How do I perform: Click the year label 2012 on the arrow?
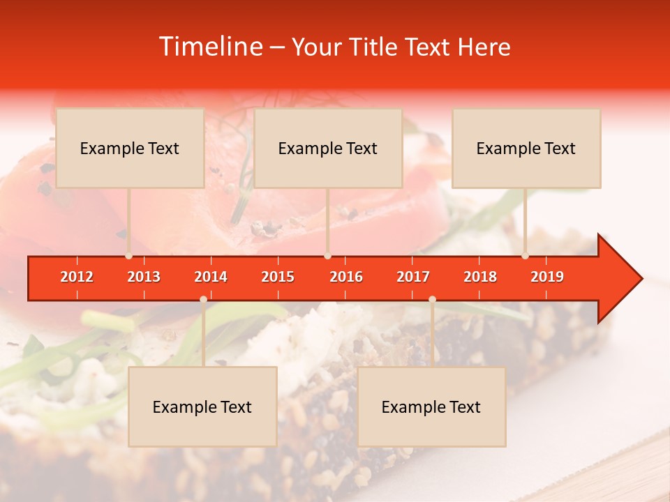tap(77, 277)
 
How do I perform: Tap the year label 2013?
tap(144, 277)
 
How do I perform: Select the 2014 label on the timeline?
tap(211, 277)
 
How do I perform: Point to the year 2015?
tap(278, 277)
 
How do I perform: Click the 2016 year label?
tap(346, 277)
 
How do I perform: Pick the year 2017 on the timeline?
tap(413, 277)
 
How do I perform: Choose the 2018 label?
tap(480, 277)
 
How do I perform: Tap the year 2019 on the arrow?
tap(547, 277)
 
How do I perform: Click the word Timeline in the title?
tap(209, 47)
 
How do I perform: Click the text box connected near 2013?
tap(130, 148)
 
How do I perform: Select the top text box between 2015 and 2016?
tap(328, 148)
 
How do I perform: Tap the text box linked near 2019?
tap(526, 148)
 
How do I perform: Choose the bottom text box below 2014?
tap(202, 406)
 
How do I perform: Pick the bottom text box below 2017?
tap(431, 406)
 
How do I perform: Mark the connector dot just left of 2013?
tap(128, 256)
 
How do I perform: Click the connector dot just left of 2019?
tap(525, 256)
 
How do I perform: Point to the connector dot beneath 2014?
tap(203, 299)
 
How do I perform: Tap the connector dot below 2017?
tap(432, 299)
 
